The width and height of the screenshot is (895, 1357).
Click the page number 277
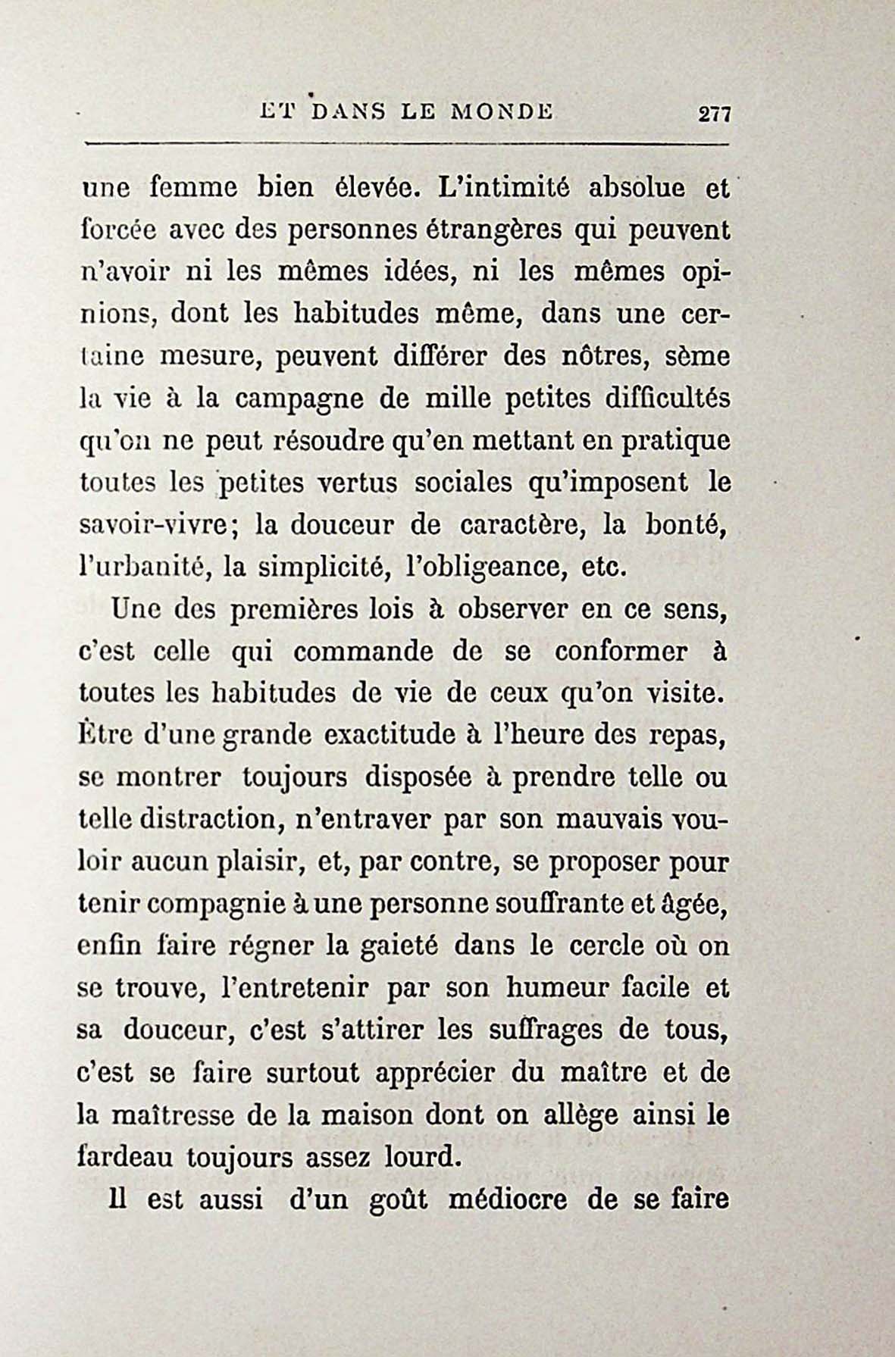(x=714, y=114)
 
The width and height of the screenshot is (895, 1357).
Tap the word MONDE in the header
(x=502, y=112)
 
